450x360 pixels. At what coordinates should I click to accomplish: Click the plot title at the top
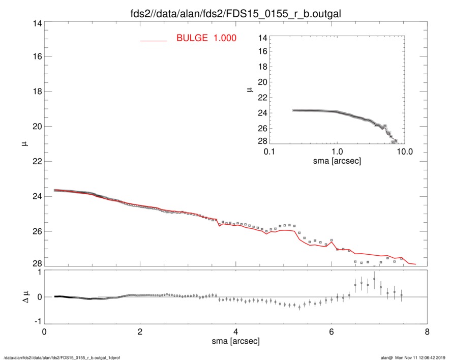coord(235,13)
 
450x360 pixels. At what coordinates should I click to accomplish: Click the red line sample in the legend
coord(154,40)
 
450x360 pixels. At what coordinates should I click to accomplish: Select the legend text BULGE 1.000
coord(206,38)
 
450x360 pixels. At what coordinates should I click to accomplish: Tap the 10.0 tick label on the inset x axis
coord(404,152)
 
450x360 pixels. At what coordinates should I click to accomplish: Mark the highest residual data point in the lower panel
coord(374,279)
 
